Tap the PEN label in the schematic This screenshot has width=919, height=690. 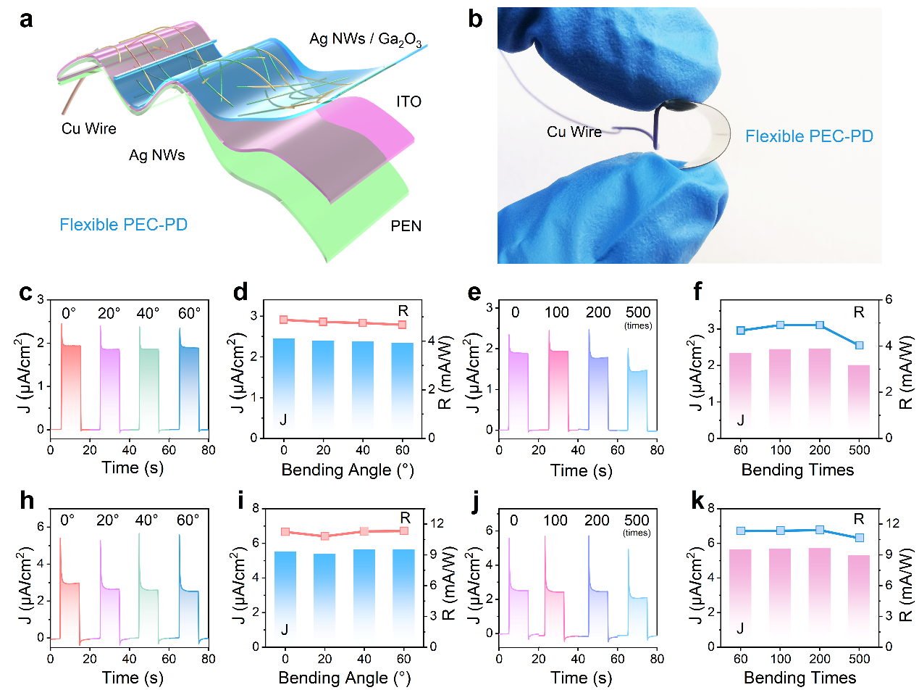coord(406,227)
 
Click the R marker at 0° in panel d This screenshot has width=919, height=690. coord(284,320)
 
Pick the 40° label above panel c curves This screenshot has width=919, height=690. coord(149,314)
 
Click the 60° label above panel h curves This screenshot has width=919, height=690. coord(189,520)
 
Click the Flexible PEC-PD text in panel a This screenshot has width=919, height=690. coord(124,225)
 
